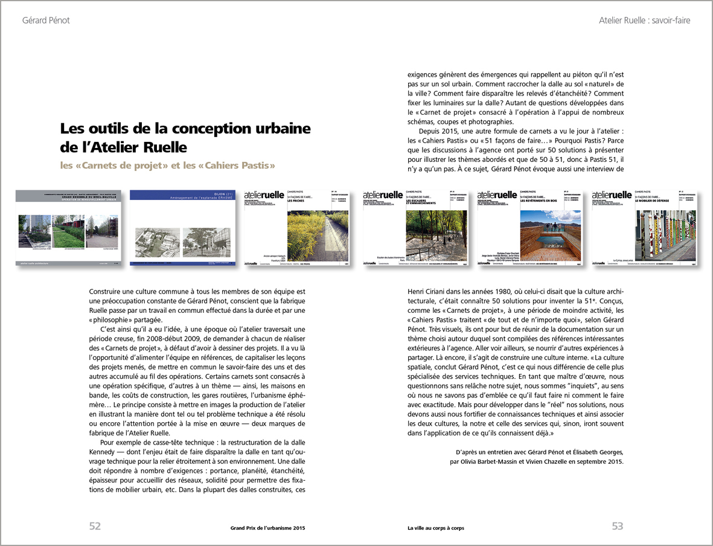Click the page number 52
(x=95, y=526)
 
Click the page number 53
(x=617, y=526)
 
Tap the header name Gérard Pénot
(x=46, y=21)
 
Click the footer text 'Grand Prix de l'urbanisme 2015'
(x=267, y=527)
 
